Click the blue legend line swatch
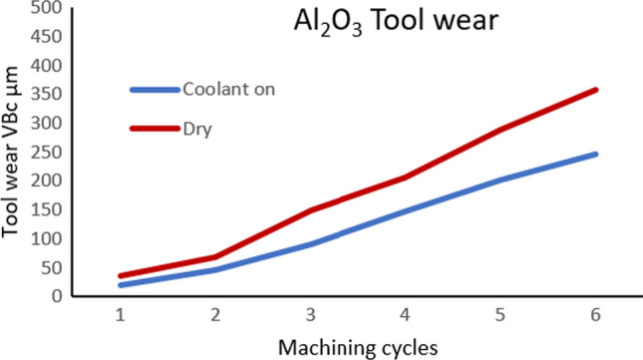(154, 90)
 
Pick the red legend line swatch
(154, 128)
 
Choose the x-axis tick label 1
(121, 314)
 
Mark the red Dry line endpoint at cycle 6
(595, 90)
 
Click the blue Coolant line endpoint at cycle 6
(595, 155)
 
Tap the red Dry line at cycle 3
(310, 210)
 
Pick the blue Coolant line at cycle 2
(215, 269)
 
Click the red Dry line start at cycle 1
(121, 276)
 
